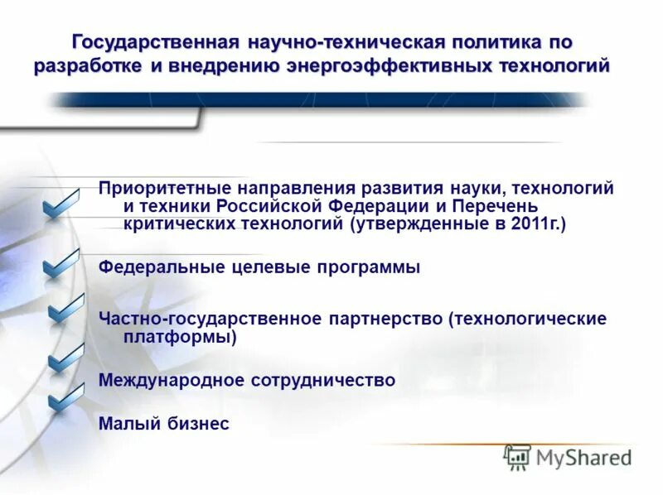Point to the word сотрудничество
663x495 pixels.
point(323,380)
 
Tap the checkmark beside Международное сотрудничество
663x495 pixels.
point(65,358)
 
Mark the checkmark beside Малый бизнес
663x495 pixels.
point(65,399)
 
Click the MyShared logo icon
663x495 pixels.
point(517,457)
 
